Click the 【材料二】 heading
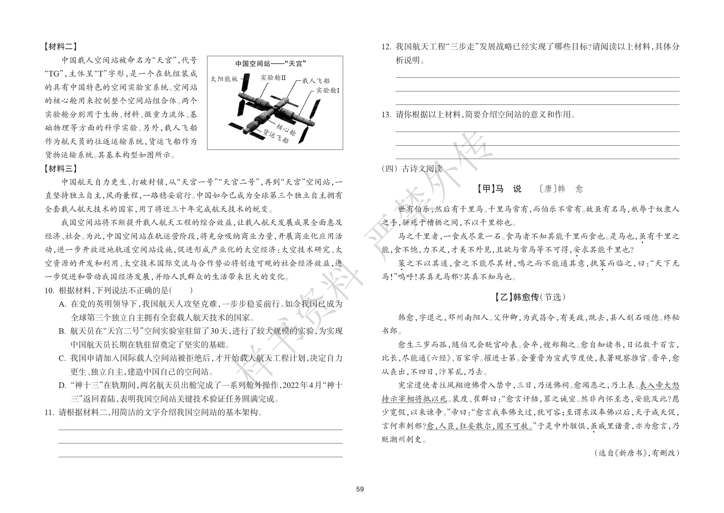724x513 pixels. click(61, 47)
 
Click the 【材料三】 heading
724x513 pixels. click(61, 168)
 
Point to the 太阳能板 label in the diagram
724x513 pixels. click(224, 79)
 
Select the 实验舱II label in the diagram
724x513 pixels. click(273, 78)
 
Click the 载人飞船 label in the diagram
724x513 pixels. click(316, 81)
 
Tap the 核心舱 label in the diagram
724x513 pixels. click(286, 130)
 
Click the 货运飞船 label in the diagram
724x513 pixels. click(276, 137)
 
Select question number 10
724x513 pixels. click(50, 291)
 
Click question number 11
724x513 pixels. click(50, 413)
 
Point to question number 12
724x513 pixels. click(386, 47)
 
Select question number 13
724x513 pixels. click(386, 115)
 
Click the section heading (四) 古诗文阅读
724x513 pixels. click(412, 169)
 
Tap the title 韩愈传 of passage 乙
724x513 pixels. click(526, 297)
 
